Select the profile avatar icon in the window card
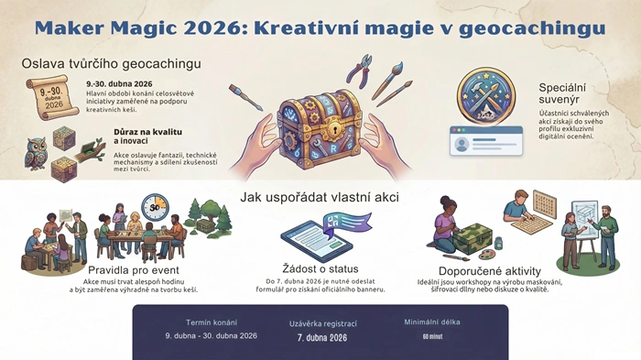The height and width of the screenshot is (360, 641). coord(461,144)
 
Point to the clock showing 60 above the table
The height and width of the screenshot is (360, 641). coord(155,205)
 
